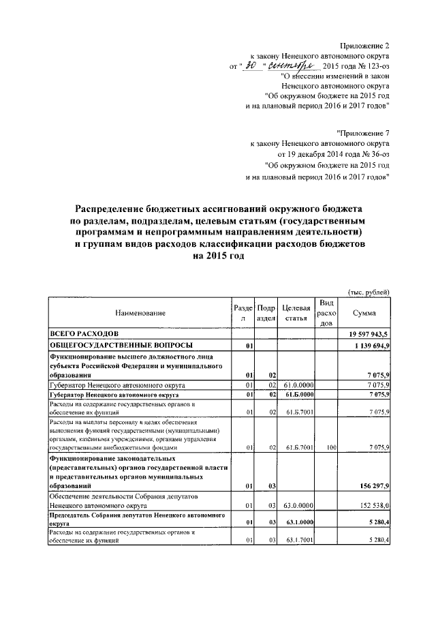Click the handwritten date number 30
click(252, 65)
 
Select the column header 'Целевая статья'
click(296, 313)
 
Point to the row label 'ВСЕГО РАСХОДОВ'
click(85, 333)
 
